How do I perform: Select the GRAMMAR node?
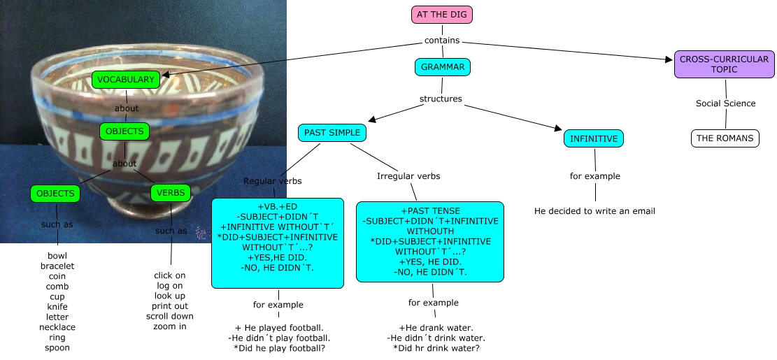442,68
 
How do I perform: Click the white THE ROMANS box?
725,138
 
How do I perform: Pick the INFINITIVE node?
594,139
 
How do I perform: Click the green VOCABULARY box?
125,80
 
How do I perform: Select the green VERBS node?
171,193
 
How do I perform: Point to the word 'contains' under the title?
442,41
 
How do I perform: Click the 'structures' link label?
441,99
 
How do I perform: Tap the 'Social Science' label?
725,103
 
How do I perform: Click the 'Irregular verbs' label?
408,175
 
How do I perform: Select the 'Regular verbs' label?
273,181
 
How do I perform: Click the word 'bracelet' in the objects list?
57,266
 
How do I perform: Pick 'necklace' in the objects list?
57,327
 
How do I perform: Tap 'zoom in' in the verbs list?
169,326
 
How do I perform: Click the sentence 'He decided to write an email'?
594,210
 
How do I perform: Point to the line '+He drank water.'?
436,328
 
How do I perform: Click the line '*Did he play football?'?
280,347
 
